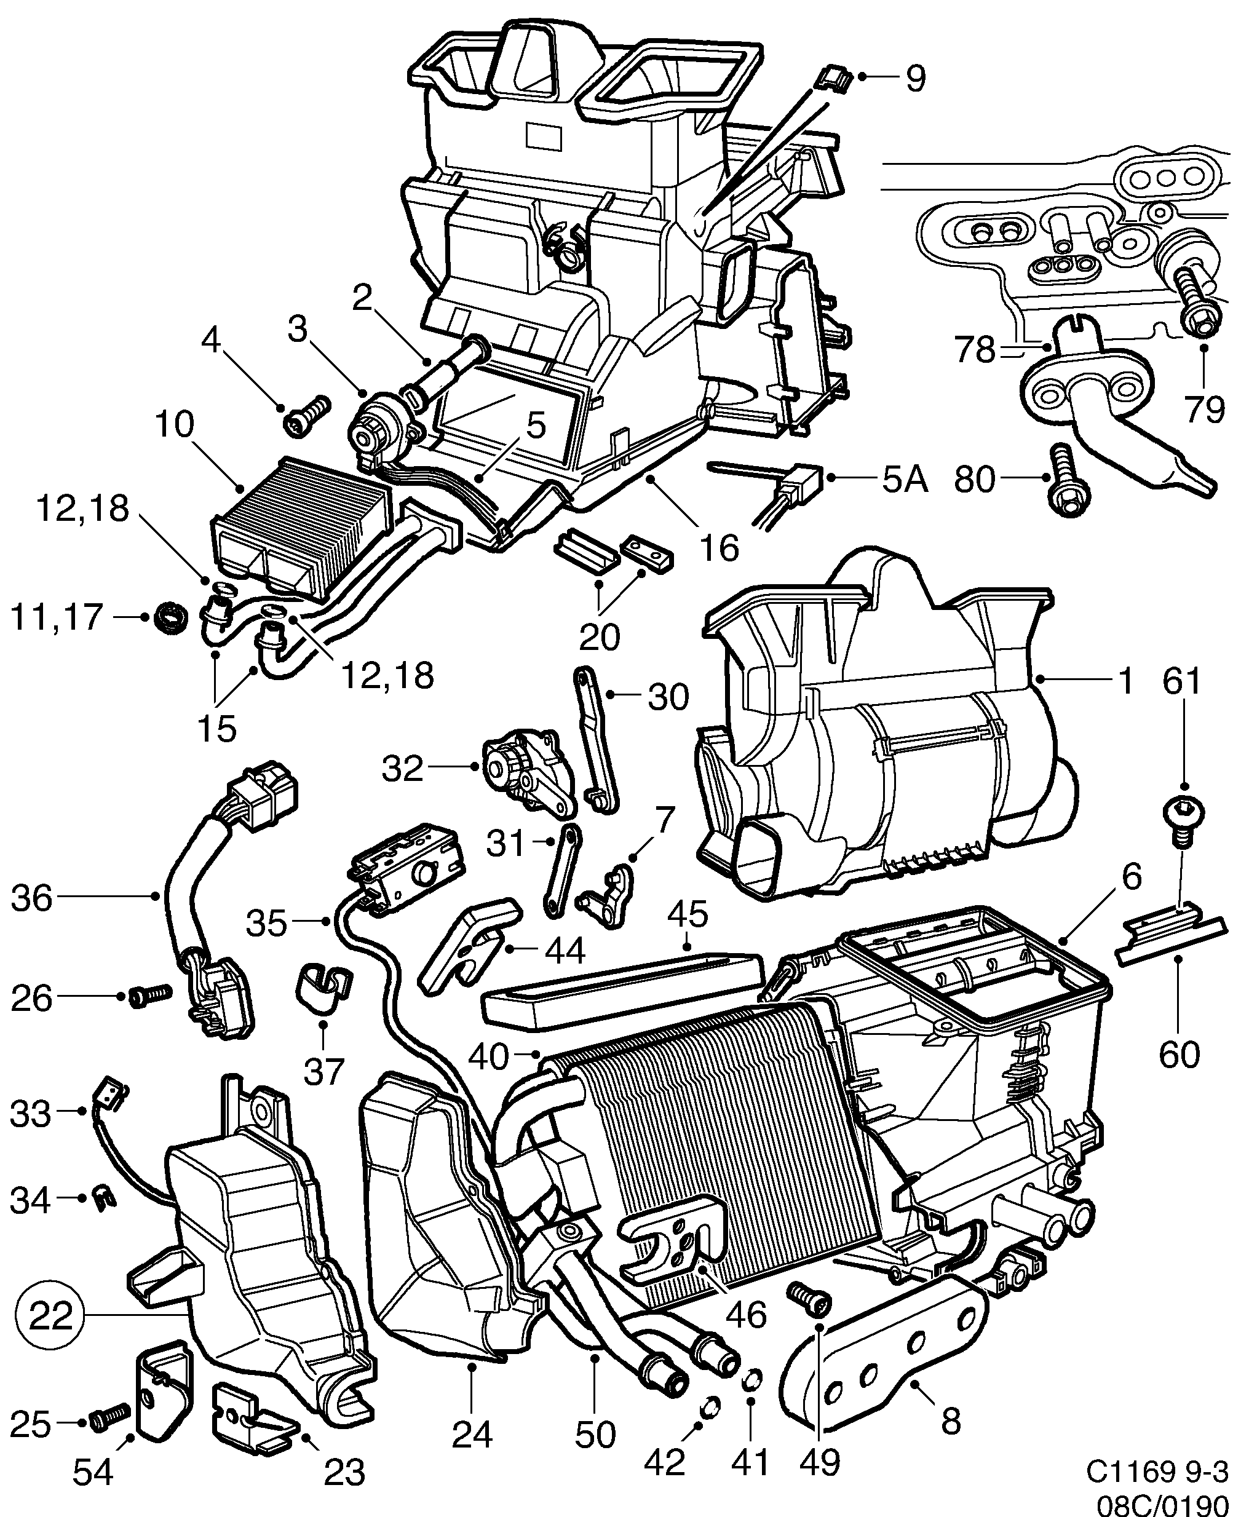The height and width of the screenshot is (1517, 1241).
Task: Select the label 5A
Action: point(903,480)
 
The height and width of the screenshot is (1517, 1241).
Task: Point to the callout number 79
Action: point(1204,410)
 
